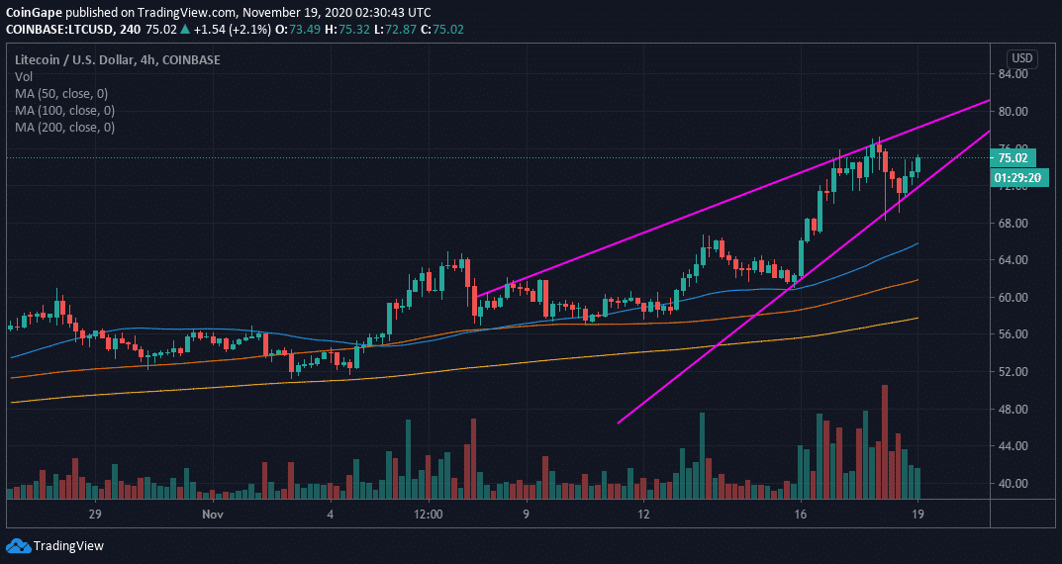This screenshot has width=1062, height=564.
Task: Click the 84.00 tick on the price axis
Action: pos(1015,74)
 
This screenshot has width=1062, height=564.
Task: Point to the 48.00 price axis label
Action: pos(1015,410)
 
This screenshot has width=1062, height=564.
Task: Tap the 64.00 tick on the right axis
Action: pos(1015,260)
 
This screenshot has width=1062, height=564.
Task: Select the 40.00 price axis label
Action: pos(1015,484)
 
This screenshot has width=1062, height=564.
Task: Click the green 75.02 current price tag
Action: pos(1015,157)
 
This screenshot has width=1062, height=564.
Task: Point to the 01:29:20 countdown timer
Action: pos(1015,177)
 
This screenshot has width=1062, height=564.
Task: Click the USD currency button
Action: pos(1021,58)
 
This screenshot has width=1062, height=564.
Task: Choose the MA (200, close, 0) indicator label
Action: pos(64,128)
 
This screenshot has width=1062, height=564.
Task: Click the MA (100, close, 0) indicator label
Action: pos(64,111)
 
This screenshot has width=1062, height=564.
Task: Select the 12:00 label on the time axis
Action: pos(428,515)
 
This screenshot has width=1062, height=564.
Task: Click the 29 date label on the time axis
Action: pos(95,515)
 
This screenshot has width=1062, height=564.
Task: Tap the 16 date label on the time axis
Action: pos(801,515)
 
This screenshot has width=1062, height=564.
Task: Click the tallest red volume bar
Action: pos(885,441)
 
